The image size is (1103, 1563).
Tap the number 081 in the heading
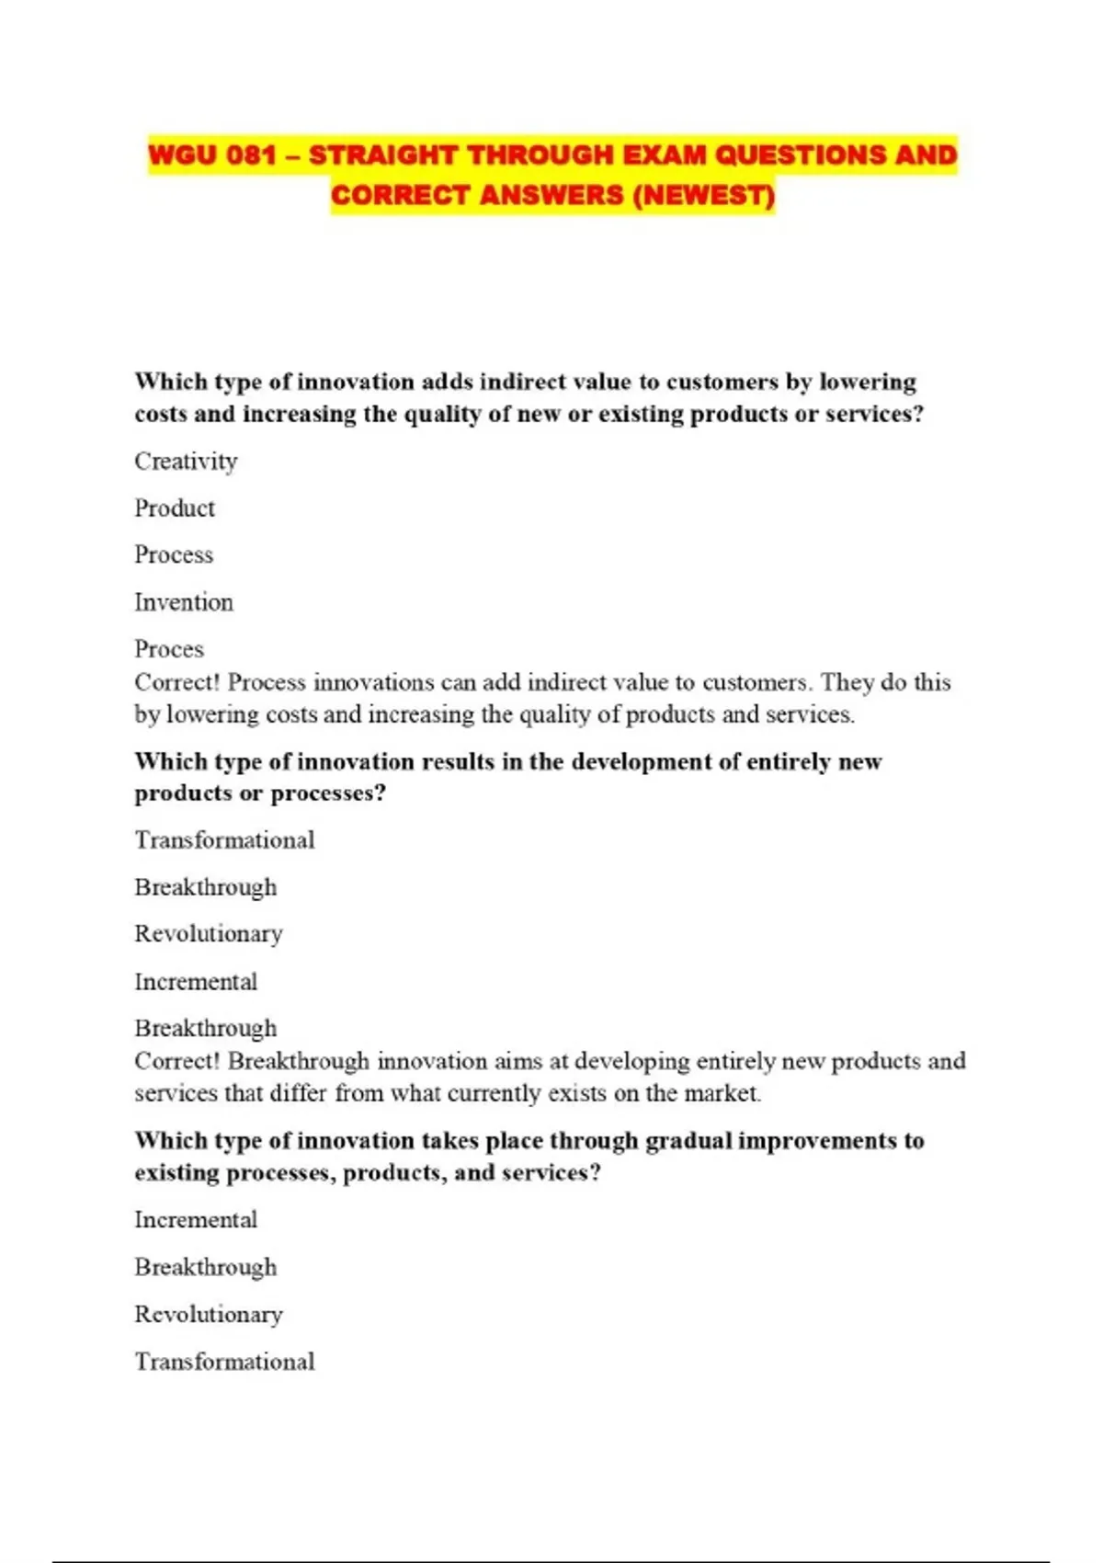pyautogui.click(x=251, y=154)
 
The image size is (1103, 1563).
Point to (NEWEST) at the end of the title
pyautogui.click(x=703, y=195)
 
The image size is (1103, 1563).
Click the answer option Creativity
pyautogui.click(x=186, y=461)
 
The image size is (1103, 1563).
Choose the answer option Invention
pyautogui.click(x=184, y=602)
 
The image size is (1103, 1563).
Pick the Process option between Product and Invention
pyautogui.click(x=174, y=554)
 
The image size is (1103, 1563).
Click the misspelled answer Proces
pyautogui.click(x=169, y=649)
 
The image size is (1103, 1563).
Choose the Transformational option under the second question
pyautogui.click(x=224, y=839)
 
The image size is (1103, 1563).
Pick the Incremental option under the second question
pyautogui.click(x=196, y=981)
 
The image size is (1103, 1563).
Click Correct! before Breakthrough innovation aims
pyautogui.click(x=176, y=1061)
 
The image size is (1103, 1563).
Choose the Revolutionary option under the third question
pyautogui.click(x=209, y=1314)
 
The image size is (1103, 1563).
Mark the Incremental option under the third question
pyautogui.click(x=196, y=1219)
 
